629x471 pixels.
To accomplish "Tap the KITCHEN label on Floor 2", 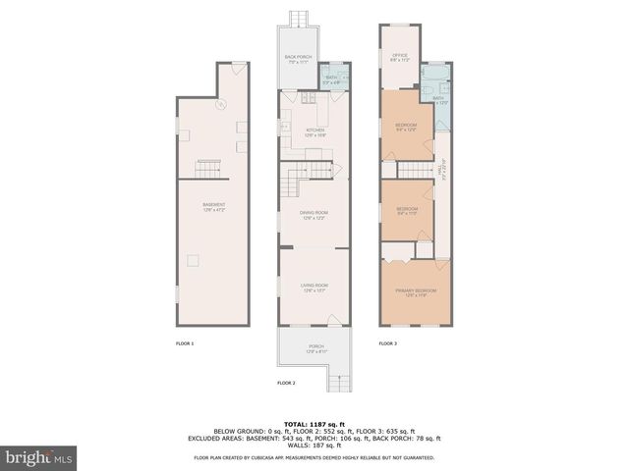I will (x=314, y=132).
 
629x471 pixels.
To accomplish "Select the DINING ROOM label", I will (x=314, y=216).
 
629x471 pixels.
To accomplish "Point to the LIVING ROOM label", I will (x=314, y=288).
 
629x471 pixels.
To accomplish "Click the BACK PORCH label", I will (x=298, y=59).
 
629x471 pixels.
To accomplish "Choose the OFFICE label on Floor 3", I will (x=400, y=58).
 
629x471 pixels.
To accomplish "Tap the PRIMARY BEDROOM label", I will (x=416, y=293).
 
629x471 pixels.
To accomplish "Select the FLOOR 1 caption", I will (x=185, y=343).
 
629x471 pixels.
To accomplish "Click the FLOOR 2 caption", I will (x=286, y=382).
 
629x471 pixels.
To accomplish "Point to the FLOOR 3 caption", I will (x=388, y=343).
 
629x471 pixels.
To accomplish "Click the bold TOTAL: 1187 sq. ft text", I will (x=314, y=424).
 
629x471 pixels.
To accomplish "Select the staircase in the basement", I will (x=209, y=167).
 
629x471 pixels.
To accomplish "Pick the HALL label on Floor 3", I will (x=443, y=170).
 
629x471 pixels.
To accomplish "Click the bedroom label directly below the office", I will (x=406, y=126).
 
